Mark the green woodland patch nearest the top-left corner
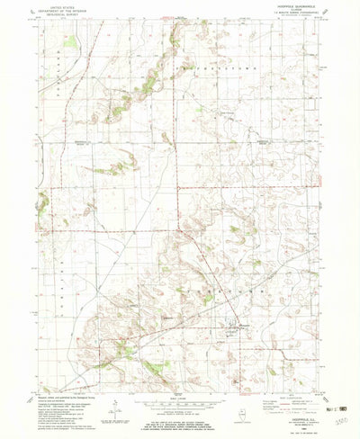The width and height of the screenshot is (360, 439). coord(70,41)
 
